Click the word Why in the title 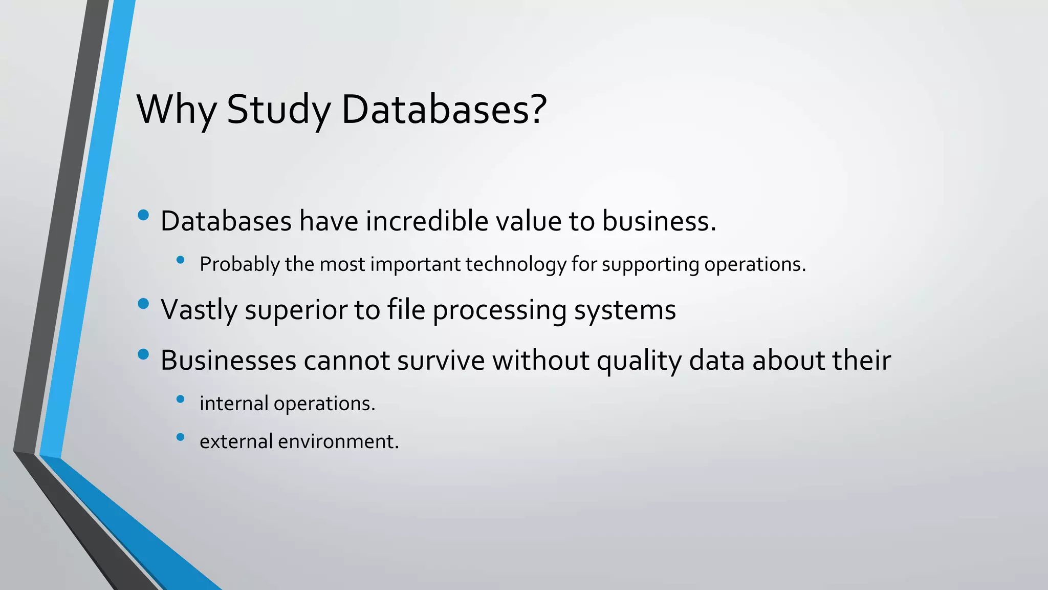point(176,110)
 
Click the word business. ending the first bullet point(659,221)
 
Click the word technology point(515,265)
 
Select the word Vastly point(199,310)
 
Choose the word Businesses point(228,360)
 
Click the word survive point(441,360)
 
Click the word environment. point(338,441)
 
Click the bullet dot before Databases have point(143,215)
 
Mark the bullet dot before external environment point(180,437)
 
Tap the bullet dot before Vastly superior point(143,304)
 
